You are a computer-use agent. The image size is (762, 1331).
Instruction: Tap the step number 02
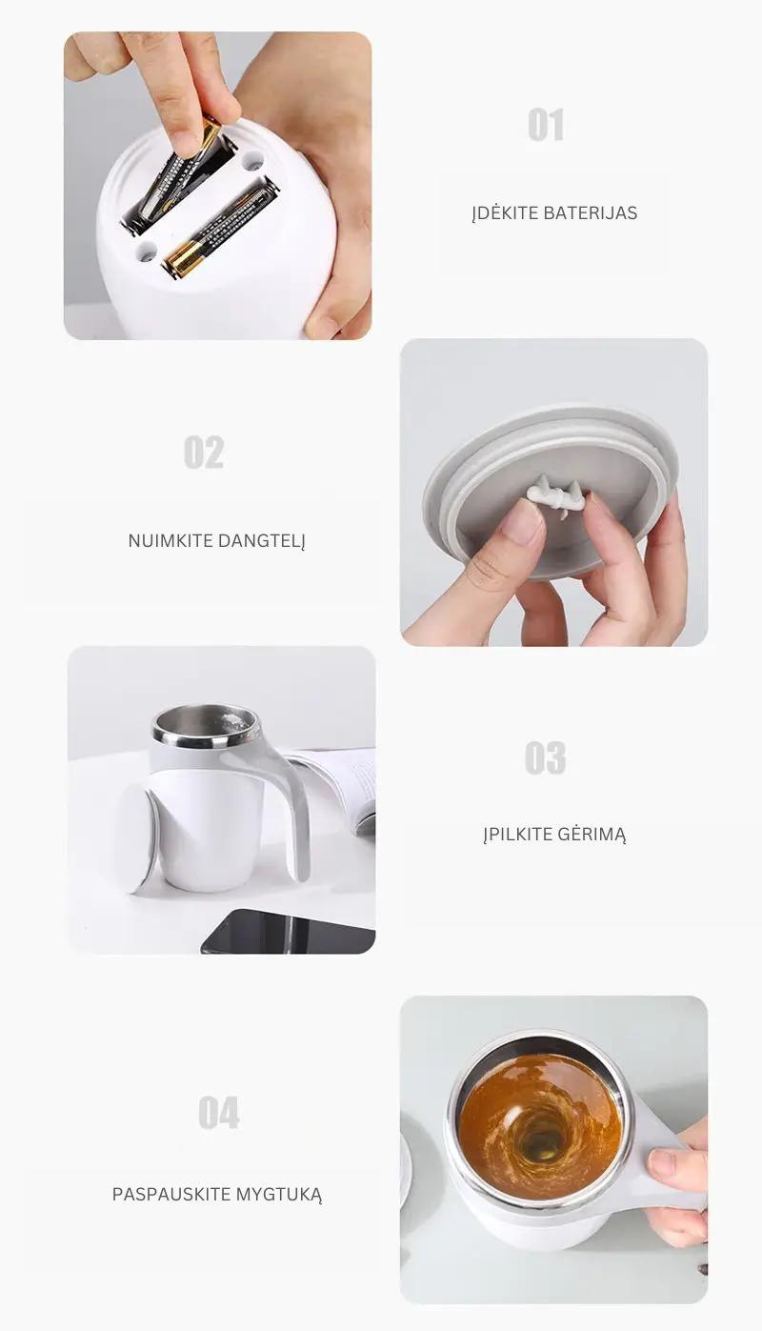click(204, 453)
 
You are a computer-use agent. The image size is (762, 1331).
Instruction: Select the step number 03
click(545, 757)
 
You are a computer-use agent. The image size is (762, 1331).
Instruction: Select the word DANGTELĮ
click(262, 541)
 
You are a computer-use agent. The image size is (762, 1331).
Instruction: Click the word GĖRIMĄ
click(592, 834)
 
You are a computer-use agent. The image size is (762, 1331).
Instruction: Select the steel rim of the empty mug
click(207, 726)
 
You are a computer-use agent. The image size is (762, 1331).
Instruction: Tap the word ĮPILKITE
click(518, 835)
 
